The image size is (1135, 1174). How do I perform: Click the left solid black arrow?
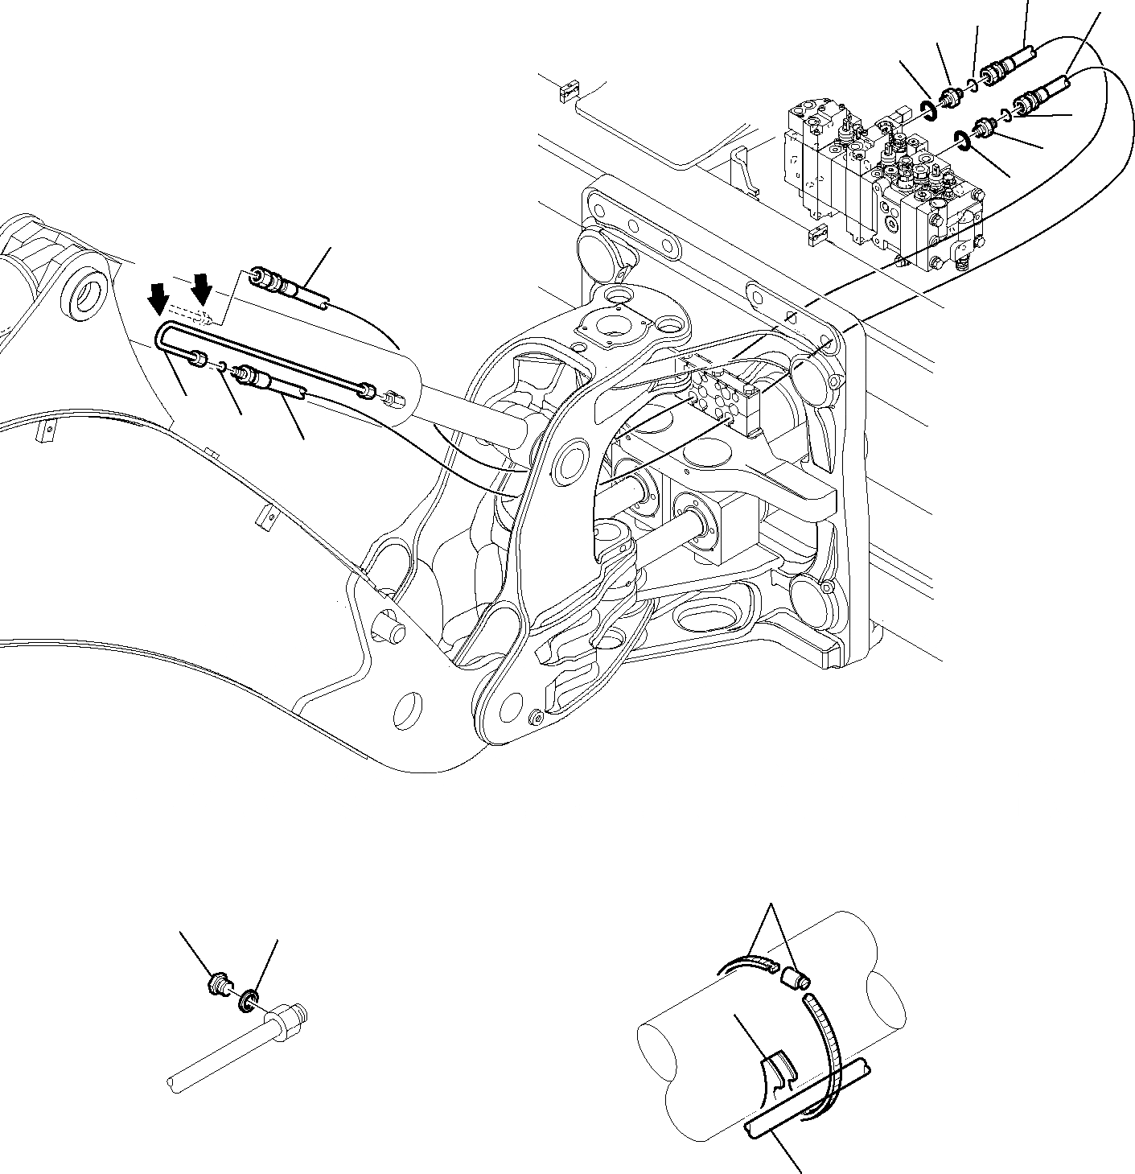[158, 299]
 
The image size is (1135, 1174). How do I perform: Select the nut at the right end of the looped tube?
[367, 390]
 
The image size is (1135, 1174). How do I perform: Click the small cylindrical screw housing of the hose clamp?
[795, 978]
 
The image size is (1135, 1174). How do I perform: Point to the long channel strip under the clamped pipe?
[804, 1102]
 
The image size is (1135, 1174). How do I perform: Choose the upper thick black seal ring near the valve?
[927, 111]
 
